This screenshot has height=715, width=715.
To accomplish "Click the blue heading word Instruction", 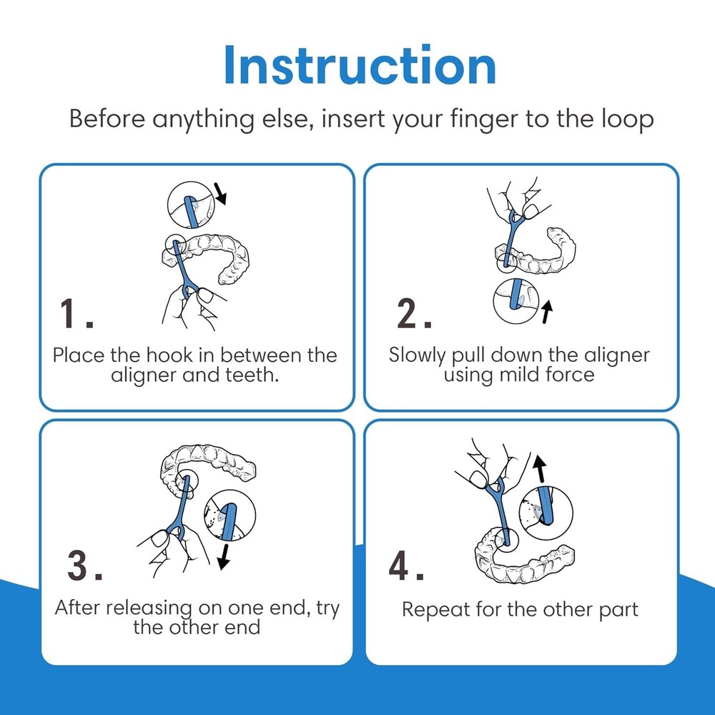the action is point(360,65).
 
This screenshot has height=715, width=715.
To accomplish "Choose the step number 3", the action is point(85,566).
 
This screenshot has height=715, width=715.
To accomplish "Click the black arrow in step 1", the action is point(221,193).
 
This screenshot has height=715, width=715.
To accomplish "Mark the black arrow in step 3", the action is point(223,556).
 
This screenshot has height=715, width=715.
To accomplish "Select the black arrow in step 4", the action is point(540,468).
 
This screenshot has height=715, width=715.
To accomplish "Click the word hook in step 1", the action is point(169,355).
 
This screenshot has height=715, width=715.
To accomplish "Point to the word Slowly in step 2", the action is point(417,355).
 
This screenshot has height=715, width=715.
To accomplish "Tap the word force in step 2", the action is point(570,375).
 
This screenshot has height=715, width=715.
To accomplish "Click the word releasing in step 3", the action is point(149,608).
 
